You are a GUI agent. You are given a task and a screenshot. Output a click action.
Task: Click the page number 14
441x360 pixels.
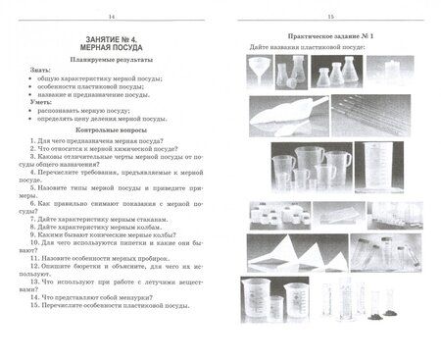pyautogui.click(x=111, y=16)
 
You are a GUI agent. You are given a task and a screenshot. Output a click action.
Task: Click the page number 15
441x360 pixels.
pyautogui.click(x=330, y=16)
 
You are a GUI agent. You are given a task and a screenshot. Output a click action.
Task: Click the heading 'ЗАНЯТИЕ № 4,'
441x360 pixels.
pyautogui.click(x=109, y=36)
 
